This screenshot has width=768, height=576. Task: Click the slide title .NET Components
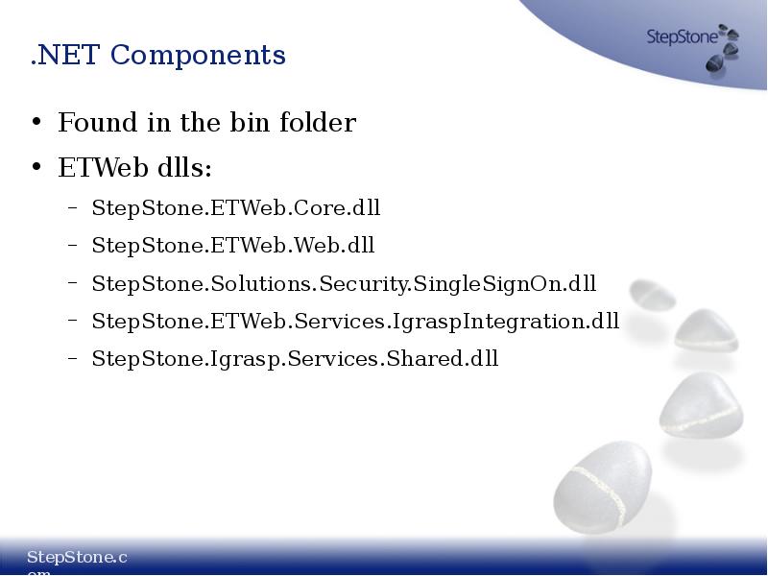[x=157, y=55]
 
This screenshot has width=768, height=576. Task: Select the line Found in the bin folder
[x=206, y=123]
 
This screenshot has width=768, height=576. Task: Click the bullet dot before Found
[x=36, y=124]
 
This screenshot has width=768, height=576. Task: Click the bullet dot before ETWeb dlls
[x=36, y=169]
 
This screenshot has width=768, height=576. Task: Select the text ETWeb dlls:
[x=134, y=168]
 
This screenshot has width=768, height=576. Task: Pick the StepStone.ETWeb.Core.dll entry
[x=236, y=207]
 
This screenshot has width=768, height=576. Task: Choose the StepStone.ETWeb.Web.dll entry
[x=232, y=246]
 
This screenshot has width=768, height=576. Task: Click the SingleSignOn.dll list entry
[x=344, y=284]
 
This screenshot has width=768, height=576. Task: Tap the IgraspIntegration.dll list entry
[x=355, y=322]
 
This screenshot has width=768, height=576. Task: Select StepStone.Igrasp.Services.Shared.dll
[x=295, y=359]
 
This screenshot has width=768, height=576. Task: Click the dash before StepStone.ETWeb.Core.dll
[x=73, y=208]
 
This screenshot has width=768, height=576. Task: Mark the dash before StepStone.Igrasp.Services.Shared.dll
[x=73, y=360]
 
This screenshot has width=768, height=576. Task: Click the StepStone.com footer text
[x=77, y=558]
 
